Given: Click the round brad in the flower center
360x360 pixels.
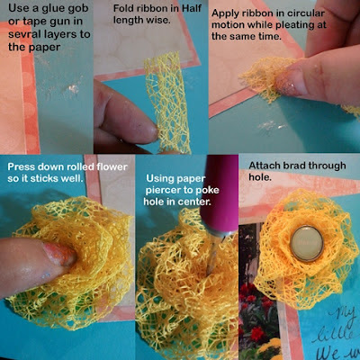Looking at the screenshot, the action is tap(307, 243).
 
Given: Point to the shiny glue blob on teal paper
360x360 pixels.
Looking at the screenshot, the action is tap(72, 88).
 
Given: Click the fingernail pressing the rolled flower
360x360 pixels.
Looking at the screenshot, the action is tap(58, 254).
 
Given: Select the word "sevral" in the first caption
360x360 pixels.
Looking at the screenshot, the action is tap(23, 34).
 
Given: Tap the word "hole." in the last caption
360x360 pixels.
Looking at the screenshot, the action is tap(260, 177).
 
